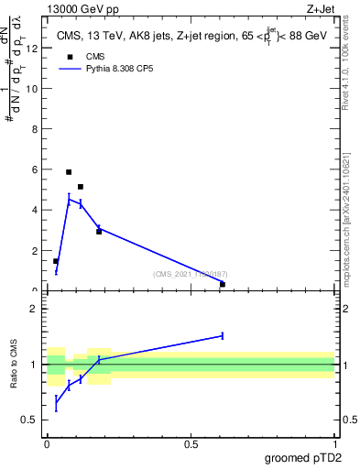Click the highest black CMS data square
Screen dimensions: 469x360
tap(69, 171)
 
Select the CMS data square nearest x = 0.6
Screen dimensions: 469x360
tap(223, 284)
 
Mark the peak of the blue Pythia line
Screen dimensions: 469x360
tap(69, 200)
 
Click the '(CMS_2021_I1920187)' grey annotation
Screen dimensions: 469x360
tap(191, 274)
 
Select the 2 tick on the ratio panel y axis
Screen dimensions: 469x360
tap(33, 309)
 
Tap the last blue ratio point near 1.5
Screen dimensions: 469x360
tap(223, 336)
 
